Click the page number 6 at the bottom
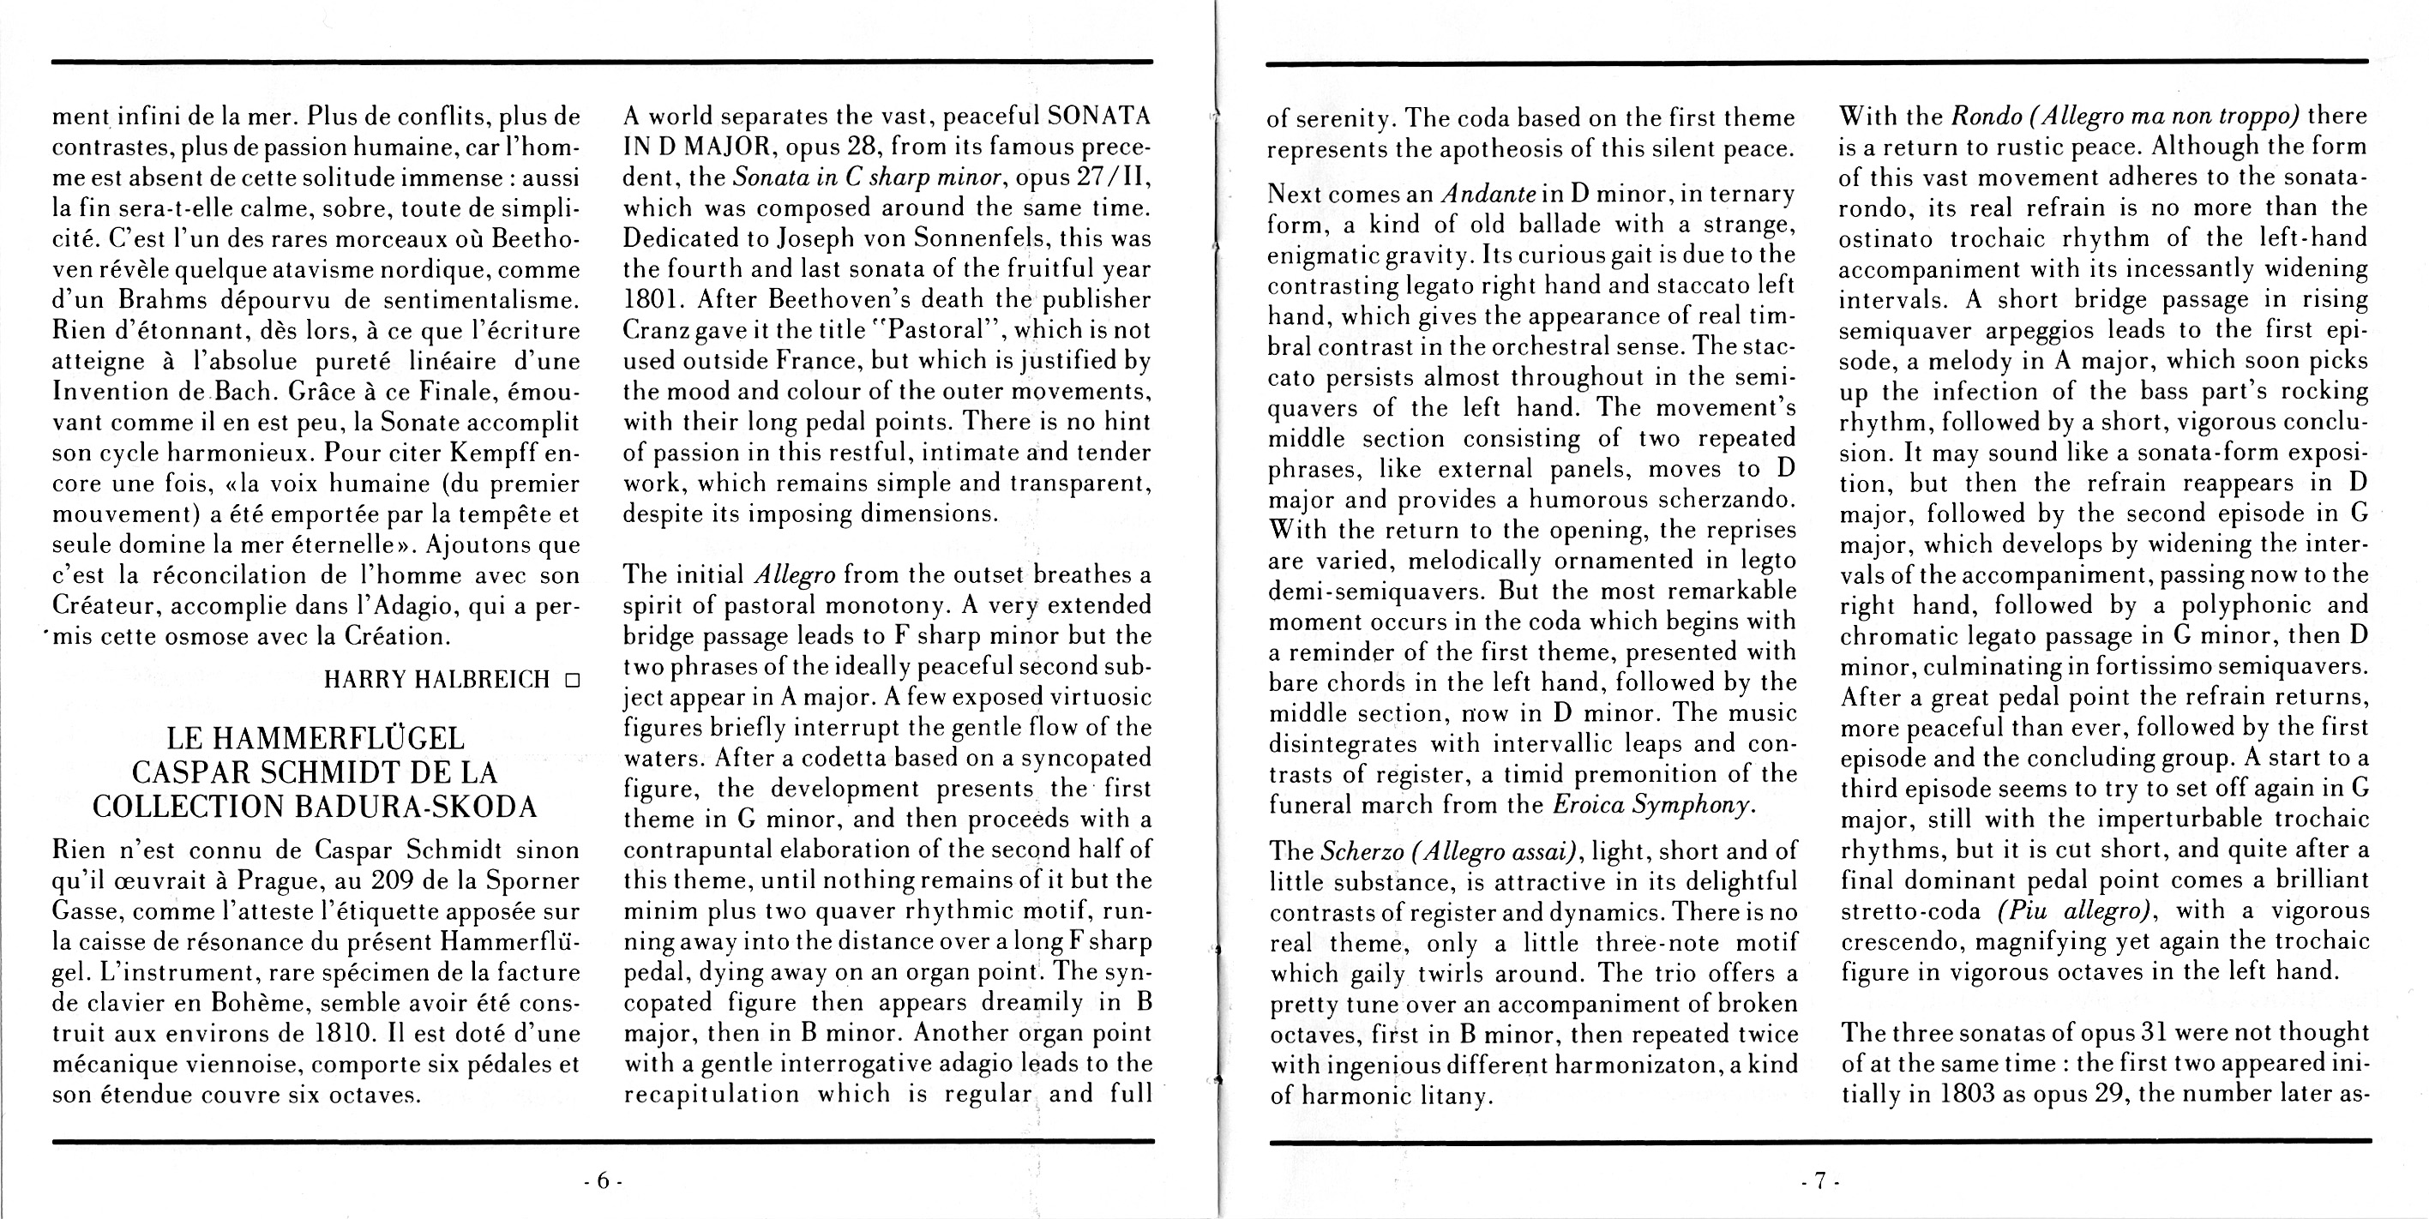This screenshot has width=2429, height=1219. click(603, 1180)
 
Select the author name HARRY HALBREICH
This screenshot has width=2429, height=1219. click(437, 680)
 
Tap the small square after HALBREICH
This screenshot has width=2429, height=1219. click(570, 680)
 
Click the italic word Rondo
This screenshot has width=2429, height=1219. click(1983, 117)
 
